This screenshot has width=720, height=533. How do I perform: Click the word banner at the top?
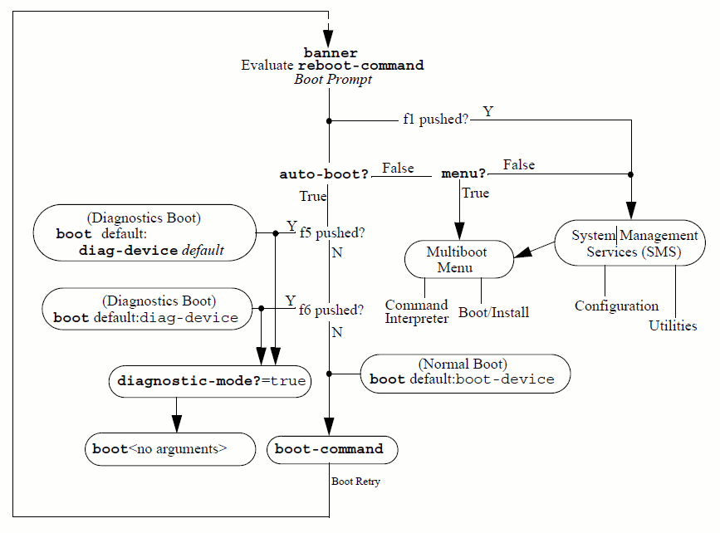[x=331, y=52]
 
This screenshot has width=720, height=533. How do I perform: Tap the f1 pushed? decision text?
[x=435, y=120]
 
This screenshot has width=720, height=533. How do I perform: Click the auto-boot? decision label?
[x=324, y=174]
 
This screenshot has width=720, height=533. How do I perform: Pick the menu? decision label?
[x=463, y=174]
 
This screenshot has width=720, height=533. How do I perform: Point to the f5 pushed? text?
[x=332, y=232]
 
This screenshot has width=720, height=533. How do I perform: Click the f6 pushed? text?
[x=331, y=311]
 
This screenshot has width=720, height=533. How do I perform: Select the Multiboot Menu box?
[x=459, y=258]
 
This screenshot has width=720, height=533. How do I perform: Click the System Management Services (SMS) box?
[x=634, y=243]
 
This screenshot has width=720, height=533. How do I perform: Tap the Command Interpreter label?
[x=416, y=311]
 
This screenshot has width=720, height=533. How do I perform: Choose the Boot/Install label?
[x=493, y=313]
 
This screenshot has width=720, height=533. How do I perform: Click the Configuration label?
[x=616, y=306]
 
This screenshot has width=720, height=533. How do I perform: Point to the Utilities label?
[x=673, y=326]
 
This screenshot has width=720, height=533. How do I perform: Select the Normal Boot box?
[x=464, y=372]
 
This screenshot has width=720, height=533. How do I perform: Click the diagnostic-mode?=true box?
[x=211, y=382]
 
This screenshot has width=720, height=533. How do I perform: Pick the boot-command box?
[x=332, y=449]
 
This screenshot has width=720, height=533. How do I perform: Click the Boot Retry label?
[x=355, y=482]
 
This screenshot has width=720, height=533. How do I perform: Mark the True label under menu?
[x=475, y=193]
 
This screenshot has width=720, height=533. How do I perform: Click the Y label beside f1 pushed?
[x=487, y=111]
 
